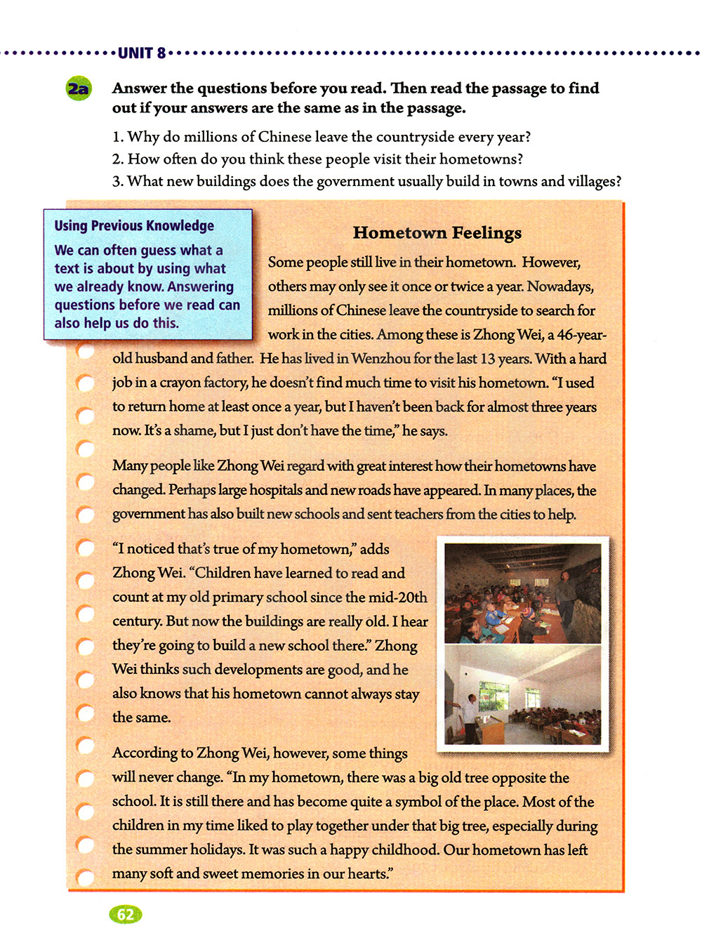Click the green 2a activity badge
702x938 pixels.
click(x=79, y=89)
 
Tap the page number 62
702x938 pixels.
click(x=126, y=914)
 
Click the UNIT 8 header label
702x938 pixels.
click(x=142, y=53)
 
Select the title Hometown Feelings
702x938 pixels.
click(x=437, y=232)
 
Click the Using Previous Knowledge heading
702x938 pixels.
click(x=134, y=225)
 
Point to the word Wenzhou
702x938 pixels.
click(x=380, y=358)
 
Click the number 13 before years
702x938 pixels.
click(x=488, y=358)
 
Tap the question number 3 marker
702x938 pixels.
click(x=117, y=181)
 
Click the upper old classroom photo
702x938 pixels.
click(x=523, y=593)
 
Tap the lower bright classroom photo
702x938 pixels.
click(x=523, y=695)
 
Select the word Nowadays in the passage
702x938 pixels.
click(x=560, y=286)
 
